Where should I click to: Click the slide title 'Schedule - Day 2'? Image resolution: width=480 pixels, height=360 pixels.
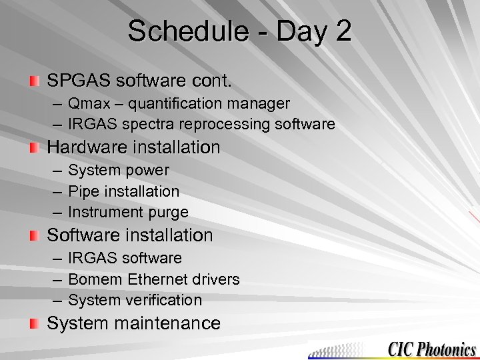239,31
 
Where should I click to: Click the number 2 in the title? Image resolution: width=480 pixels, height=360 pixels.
343,31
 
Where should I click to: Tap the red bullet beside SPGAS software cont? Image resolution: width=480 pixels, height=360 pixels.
34,82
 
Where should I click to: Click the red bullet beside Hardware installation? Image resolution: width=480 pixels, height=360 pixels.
34,147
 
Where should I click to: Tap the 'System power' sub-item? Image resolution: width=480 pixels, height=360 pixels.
118,171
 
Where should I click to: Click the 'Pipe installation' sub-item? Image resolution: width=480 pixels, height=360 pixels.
123,191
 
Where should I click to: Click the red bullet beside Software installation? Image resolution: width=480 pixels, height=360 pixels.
34,236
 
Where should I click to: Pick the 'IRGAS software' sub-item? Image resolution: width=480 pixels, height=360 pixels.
125,258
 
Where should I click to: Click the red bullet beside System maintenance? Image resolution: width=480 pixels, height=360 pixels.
34,324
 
